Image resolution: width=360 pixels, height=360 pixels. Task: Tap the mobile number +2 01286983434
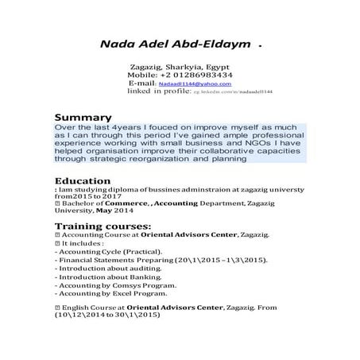pos(190,75)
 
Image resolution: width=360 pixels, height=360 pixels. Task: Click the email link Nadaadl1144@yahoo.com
pos(194,83)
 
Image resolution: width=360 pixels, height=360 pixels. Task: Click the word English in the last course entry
pos(73,306)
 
